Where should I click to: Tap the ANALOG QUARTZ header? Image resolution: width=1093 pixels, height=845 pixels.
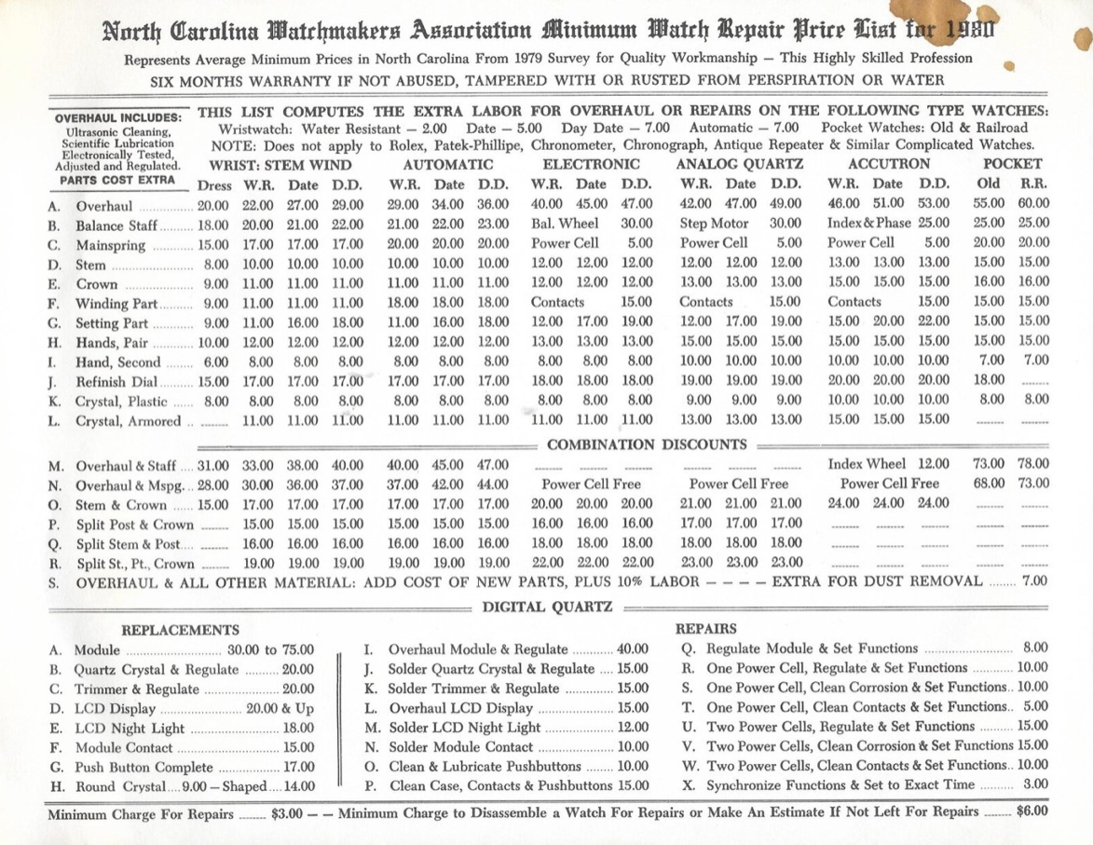click(x=736, y=163)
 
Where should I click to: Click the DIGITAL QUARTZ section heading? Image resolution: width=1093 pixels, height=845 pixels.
click(x=546, y=607)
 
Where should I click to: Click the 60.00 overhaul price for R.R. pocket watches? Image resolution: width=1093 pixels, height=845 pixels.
click(x=1033, y=202)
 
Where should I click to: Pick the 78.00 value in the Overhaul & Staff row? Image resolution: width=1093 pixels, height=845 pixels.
click(x=1033, y=463)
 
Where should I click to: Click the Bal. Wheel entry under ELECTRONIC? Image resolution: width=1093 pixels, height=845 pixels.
click(x=557, y=223)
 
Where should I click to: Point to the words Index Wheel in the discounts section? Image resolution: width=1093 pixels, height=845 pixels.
click(x=866, y=463)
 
